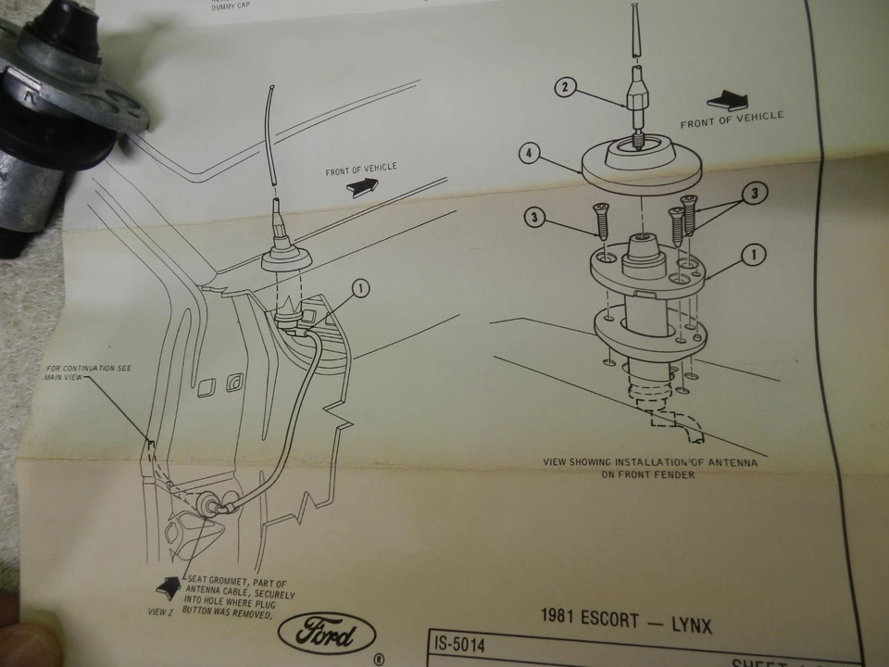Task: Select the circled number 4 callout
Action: click(x=529, y=154)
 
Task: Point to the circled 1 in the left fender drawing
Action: click(x=360, y=288)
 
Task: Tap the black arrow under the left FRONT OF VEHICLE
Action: click(x=361, y=186)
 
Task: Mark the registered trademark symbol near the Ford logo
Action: click(x=378, y=660)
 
